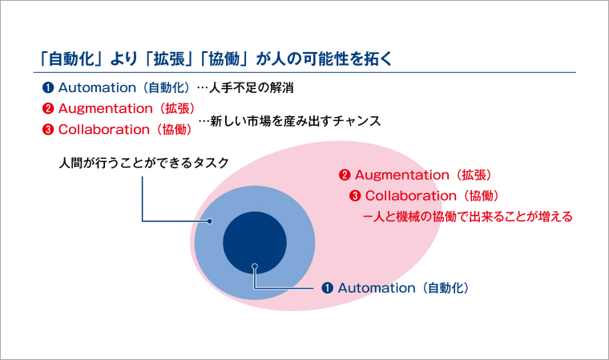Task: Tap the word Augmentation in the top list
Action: (x=105, y=107)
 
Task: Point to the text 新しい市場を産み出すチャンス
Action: (x=295, y=121)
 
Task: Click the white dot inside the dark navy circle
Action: (x=254, y=266)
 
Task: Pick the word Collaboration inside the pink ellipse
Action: (x=409, y=196)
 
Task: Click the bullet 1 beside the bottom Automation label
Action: (x=327, y=287)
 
